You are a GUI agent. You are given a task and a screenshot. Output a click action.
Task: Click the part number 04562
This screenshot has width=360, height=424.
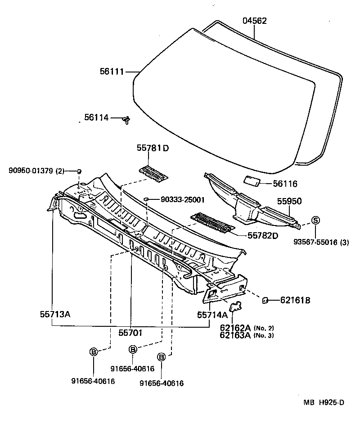(255, 21)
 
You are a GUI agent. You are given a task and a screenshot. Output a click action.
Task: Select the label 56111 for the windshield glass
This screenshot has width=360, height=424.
(112, 71)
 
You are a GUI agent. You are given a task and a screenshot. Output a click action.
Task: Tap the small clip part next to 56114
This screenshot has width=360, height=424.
(127, 119)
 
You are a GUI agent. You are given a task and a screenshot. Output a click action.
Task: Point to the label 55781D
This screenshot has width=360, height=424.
(153, 149)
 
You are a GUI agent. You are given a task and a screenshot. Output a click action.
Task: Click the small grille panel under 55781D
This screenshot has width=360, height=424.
(153, 172)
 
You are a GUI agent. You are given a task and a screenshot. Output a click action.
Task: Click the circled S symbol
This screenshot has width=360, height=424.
(315, 220)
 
